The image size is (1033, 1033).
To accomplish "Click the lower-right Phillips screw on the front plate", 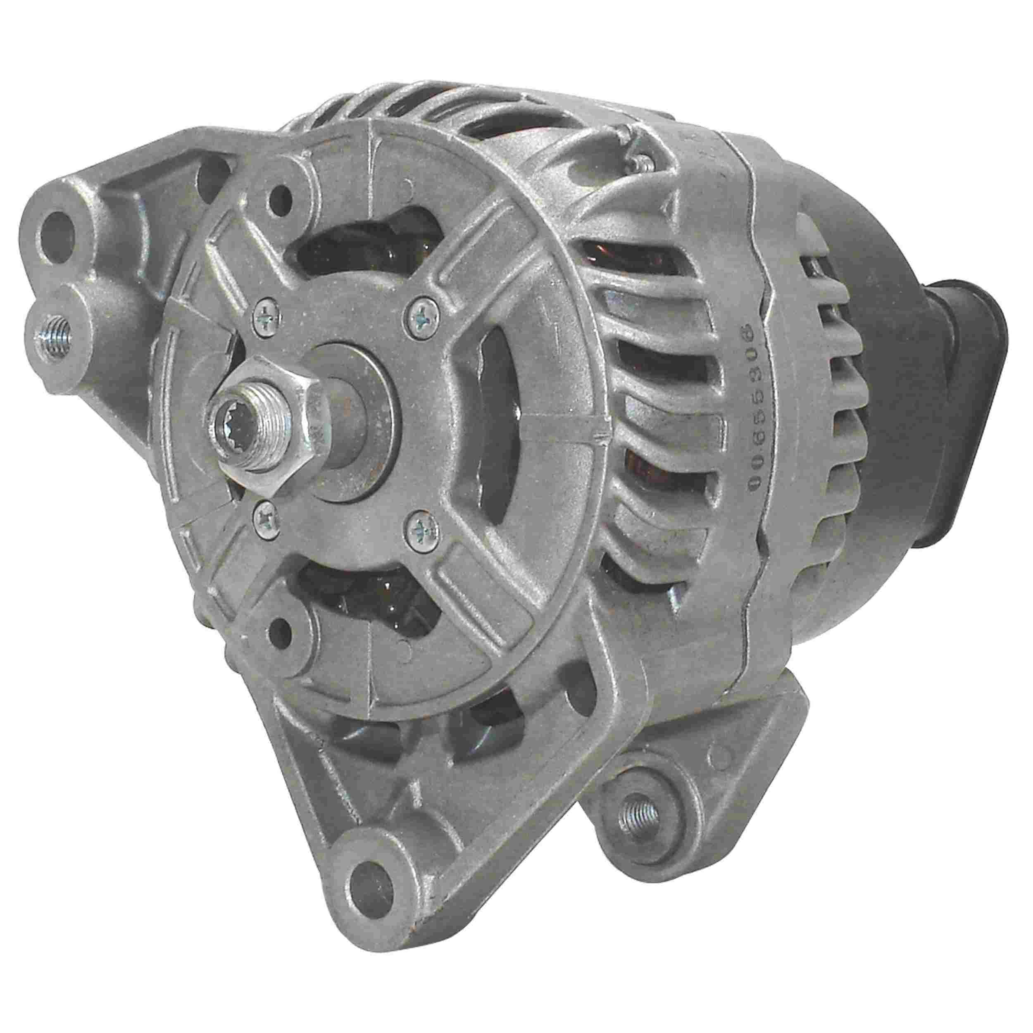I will tap(423, 531).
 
